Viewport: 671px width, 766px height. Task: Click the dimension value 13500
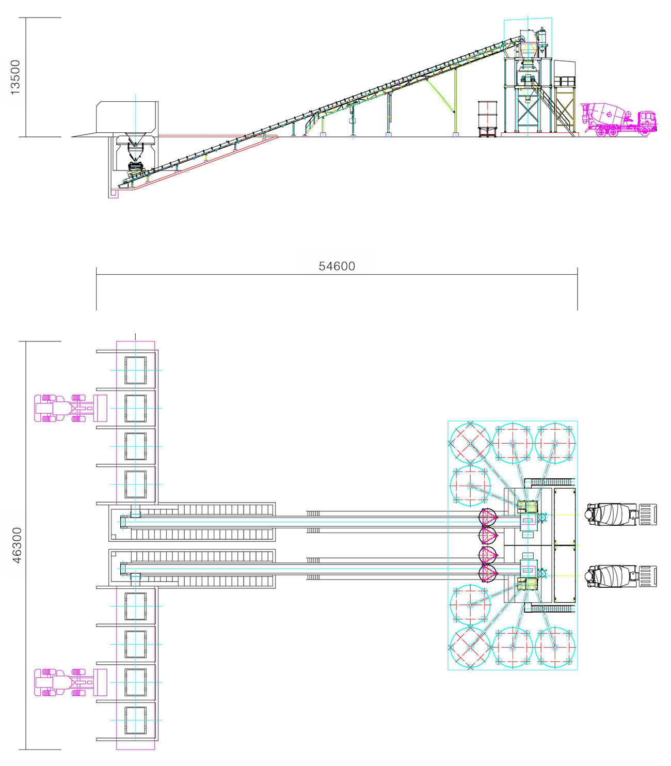click(x=15, y=77)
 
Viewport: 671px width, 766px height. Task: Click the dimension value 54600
click(x=337, y=266)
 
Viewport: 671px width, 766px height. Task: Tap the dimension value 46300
click(x=17, y=545)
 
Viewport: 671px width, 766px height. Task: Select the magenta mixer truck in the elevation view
click(x=619, y=119)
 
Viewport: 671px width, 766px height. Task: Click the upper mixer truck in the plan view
click(x=620, y=514)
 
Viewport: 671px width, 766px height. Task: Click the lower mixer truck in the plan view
click(x=620, y=576)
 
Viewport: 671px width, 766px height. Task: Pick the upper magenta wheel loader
click(x=71, y=408)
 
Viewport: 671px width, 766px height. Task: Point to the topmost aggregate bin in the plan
click(x=136, y=370)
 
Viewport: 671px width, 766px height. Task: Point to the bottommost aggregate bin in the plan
click(x=136, y=720)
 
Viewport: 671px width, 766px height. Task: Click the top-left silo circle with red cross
click(x=470, y=443)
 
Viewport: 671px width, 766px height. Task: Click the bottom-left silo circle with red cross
click(x=470, y=647)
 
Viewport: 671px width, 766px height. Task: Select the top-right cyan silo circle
click(x=555, y=443)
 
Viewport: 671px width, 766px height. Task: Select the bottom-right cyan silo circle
click(x=555, y=647)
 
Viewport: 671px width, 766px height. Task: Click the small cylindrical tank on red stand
click(x=487, y=118)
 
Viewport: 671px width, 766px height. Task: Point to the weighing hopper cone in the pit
click(x=135, y=152)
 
